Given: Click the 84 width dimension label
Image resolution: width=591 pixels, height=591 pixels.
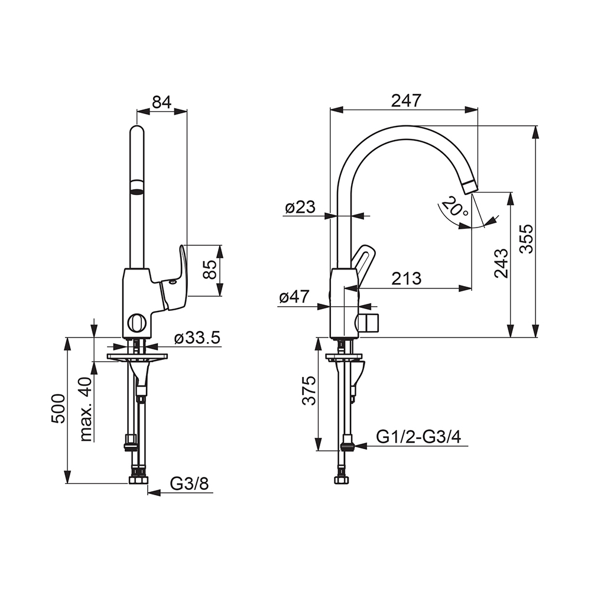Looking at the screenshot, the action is click(162, 102).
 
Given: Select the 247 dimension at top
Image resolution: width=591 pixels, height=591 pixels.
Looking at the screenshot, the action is click(406, 100).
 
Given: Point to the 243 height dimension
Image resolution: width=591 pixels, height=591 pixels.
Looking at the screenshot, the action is click(501, 263).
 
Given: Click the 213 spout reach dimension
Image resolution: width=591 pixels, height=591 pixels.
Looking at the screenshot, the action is click(407, 279).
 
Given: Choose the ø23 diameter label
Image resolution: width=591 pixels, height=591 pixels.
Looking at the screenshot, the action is click(300, 207).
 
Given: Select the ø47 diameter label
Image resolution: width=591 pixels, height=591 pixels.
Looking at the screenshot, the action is click(294, 297).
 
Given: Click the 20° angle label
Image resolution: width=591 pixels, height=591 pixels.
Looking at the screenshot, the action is click(455, 207).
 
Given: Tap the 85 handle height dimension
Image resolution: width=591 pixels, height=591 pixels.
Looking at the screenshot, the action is click(210, 269).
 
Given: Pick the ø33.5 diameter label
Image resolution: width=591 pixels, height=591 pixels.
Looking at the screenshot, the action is click(197, 339).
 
